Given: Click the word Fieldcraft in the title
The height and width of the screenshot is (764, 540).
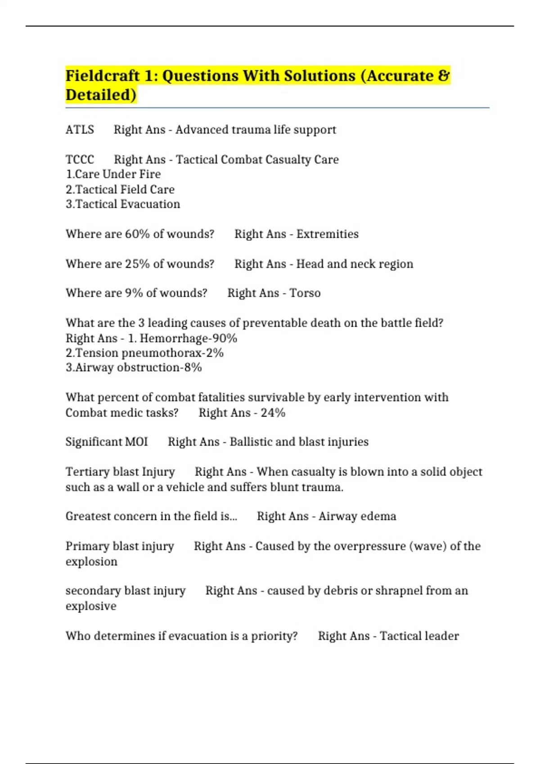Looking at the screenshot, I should pyautogui.click(x=103, y=76).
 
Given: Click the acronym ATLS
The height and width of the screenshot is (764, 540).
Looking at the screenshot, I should pyautogui.click(x=80, y=130).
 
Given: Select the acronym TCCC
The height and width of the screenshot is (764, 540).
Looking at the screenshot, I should pyautogui.click(x=80, y=160).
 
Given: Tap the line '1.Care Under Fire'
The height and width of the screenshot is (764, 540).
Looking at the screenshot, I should pyautogui.click(x=113, y=174).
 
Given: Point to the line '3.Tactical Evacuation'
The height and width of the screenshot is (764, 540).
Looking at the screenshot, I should pyautogui.click(x=123, y=204).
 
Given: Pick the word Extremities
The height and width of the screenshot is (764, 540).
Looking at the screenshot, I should pyautogui.click(x=327, y=234).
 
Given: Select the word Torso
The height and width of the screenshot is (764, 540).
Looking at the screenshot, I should pyautogui.click(x=305, y=293).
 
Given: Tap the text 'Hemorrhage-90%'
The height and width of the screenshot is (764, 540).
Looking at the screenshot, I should pyautogui.click(x=188, y=338).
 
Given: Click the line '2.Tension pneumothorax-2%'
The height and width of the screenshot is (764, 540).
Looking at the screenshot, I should pyautogui.click(x=144, y=353).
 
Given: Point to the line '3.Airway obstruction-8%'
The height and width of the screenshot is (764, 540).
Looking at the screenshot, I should pyautogui.click(x=134, y=368).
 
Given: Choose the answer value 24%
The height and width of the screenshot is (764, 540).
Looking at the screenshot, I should pyautogui.click(x=273, y=413).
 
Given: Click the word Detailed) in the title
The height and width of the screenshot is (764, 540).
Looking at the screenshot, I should pyautogui.click(x=101, y=95).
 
